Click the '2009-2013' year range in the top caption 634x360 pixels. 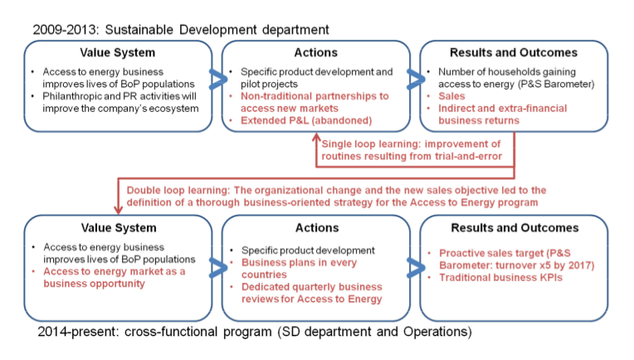click(65, 30)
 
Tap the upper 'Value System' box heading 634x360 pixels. click(117, 53)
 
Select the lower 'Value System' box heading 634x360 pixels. click(119, 228)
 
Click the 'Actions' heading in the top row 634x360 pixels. click(316, 52)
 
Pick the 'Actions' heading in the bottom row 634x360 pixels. click(317, 228)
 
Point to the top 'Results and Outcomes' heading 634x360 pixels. click(514, 52)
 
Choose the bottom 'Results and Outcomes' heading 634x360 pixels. click(515, 228)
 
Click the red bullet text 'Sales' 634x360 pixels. click(451, 96)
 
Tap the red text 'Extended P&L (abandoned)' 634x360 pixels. click(306, 120)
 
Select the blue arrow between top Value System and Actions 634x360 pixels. click(218, 79)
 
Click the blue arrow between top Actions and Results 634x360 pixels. click(417, 79)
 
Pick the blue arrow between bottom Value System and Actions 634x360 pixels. click(218, 267)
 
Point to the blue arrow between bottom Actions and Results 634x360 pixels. click(417, 267)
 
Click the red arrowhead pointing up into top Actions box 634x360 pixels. click(316, 138)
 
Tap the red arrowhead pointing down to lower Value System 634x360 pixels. click(118, 210)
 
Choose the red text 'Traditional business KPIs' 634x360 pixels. click(500, 278)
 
